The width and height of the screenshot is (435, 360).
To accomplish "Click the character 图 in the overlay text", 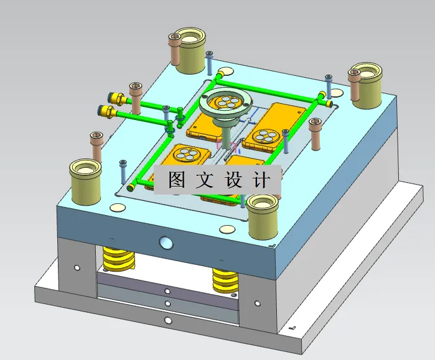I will coord(175,180).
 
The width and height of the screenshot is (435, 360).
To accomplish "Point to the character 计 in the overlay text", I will coord(263,180).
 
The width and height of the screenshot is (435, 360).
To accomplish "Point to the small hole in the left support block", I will coord(77,268).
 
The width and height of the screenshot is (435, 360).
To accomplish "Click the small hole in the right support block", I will coord(256,304).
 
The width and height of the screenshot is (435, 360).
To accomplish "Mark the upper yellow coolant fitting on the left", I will coord(119,98).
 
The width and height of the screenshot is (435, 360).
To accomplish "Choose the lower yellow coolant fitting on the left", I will coord(106,112).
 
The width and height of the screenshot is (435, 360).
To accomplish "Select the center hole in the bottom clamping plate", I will coord(167,320).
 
